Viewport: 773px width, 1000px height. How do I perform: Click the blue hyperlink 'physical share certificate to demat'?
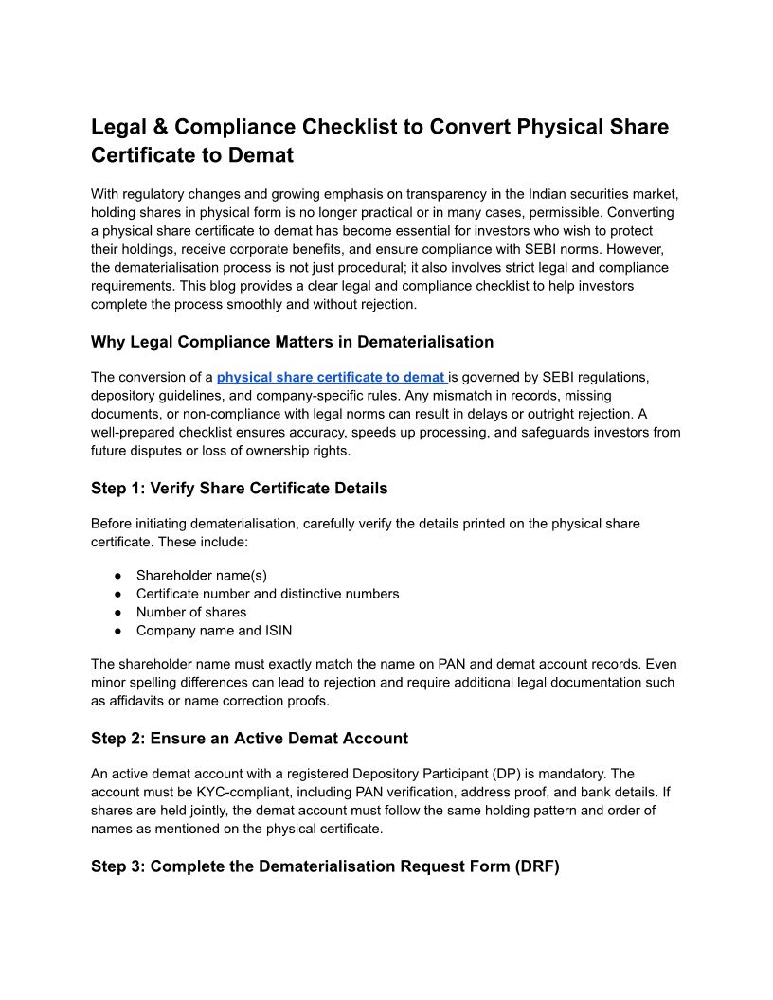click(331, 377)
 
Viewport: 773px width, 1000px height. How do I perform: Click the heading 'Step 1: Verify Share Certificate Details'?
click(239, 489)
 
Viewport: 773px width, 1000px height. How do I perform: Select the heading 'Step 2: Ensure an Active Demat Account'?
click(249, 739)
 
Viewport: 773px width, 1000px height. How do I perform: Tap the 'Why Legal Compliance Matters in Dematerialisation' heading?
click(292, 342)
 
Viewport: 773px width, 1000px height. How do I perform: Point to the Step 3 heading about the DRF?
click(325, 866)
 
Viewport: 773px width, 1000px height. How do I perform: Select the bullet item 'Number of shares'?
click(190, 612)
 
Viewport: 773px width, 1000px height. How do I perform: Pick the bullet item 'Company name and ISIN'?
click(213, 630)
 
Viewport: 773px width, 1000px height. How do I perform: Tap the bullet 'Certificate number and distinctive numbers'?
click(267, 594)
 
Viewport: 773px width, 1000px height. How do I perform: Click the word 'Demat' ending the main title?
click(259, 154)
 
